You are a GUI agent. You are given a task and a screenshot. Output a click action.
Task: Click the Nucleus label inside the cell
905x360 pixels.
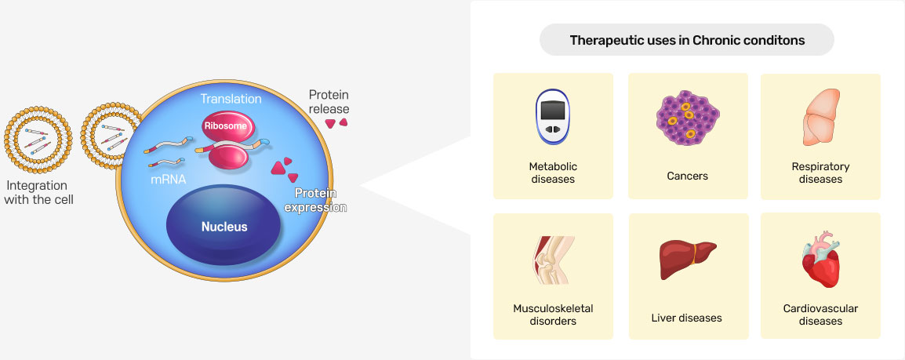[x=224, y=227]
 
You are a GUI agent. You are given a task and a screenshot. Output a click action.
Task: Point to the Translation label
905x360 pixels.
[x=231, y=99]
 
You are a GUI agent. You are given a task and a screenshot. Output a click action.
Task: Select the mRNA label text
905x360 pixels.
[x=168, y=180]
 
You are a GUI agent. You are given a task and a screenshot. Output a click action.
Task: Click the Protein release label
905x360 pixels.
[x=329, y=101]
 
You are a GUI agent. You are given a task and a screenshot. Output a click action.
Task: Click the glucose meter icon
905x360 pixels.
[x=553, y=116]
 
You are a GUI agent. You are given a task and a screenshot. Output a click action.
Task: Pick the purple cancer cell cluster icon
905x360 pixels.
[x=688, y=117]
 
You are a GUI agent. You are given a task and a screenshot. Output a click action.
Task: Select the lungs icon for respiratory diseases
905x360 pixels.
[x=821, y=117]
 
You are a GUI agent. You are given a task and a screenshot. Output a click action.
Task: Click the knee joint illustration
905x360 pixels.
[x=551, y=260]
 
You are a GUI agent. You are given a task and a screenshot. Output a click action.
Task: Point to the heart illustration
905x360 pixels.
[x=821, y=259]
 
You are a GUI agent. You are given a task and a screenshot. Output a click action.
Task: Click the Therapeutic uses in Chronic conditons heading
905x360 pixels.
[x=687, y=40]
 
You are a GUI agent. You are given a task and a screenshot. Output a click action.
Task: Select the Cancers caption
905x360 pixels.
[x=688, y=176]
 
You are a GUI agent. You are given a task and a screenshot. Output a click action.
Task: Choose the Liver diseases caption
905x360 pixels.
[x=687, y=318]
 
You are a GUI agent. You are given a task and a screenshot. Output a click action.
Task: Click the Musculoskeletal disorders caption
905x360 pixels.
[x=553, y=315]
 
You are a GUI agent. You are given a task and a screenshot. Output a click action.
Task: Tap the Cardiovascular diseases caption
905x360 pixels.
[x=821, y=315]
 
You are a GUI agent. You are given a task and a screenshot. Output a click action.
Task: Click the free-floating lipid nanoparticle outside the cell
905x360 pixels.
[x=38, y=140]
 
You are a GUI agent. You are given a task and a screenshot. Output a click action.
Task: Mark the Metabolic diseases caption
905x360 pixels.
[x=553, y=173]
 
